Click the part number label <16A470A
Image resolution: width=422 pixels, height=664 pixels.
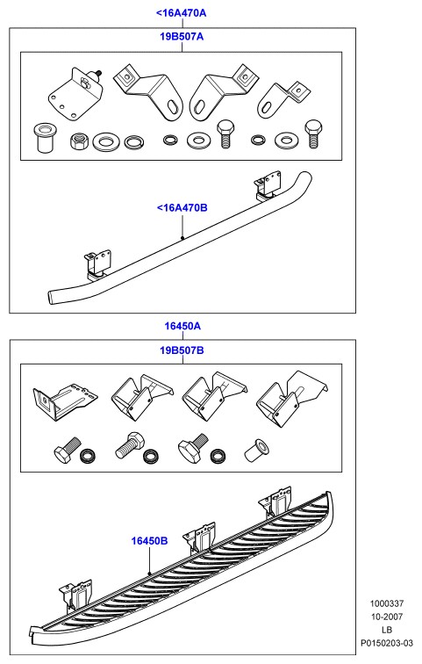click(x=181, y=13)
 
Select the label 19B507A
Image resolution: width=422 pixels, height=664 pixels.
click(x=182, y=37)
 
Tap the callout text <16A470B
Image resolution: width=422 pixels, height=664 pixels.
click(x=182, y=208)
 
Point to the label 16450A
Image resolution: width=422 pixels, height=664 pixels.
click(x=182, y=326)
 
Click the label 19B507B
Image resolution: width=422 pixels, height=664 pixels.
click(x=182, y=350)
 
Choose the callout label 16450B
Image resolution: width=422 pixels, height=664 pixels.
click(x=149, y=541)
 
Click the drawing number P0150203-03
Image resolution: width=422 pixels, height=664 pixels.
click(x=387, y=643)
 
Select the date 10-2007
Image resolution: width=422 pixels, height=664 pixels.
click(x=387, y=617)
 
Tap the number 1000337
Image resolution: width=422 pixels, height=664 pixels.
click(x=387, y=603)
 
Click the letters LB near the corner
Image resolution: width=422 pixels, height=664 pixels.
click(x=387, y=630)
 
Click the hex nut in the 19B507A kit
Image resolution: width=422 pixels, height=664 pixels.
click(x=79, y=141)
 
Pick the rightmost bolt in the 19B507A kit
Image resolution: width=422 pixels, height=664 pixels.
click(x=312, y=134)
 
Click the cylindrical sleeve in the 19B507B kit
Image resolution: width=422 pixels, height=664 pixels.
click(x=257, y=451)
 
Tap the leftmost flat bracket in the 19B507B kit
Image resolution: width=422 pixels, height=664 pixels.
click(x=64, y=400)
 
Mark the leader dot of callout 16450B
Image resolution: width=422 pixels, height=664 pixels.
click(x=149, y=573)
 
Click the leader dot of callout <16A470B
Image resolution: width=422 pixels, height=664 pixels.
click(x=182, y=237)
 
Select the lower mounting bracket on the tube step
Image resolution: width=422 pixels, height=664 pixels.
click(x=99, y=265)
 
